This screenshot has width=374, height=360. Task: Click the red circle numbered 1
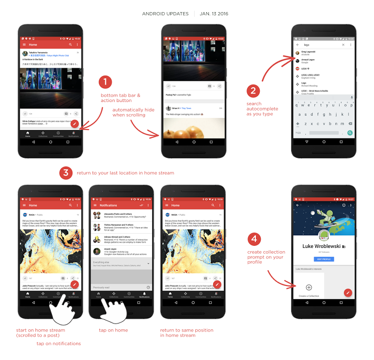click(x=106, y=82)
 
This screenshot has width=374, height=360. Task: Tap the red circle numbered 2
click(x=253, y=90)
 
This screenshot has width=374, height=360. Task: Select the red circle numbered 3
click(x=65, y=173)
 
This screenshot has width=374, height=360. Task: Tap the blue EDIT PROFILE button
click(x=323, y=259)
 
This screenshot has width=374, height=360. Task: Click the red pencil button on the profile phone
click(x=348, y=292)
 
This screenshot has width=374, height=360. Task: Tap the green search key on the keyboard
click(x=350, y=133)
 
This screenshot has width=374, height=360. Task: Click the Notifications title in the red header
click(x=108, y=205)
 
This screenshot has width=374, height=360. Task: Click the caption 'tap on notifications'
click(x=59, y=344)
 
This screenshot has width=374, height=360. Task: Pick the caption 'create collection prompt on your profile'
click(x=267, y=256)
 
